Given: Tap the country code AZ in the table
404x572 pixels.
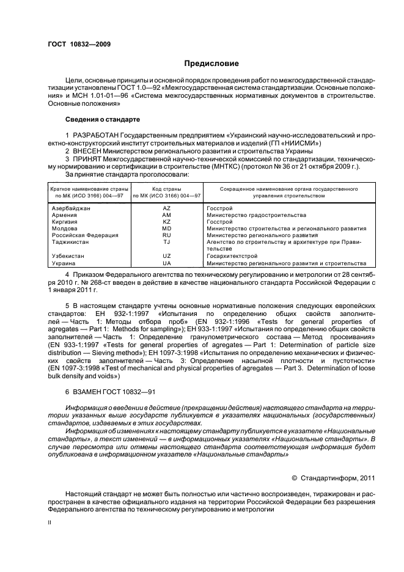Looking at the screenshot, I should coord(166,209).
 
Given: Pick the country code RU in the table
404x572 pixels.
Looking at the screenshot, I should coord(166,235).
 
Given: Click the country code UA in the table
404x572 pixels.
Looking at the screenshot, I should coord(166,263).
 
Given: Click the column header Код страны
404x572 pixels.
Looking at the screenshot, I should coord(166,189).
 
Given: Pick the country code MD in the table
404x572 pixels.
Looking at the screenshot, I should coord(166,229).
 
